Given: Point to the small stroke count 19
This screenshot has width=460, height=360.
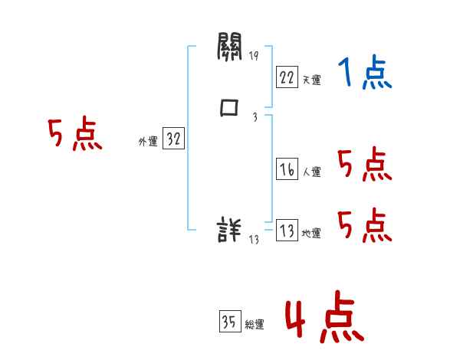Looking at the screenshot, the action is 254,56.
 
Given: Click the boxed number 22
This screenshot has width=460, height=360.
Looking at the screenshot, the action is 287,77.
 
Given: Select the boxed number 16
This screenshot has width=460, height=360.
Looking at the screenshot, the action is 287,170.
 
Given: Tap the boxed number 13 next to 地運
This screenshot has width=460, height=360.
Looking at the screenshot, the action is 287,231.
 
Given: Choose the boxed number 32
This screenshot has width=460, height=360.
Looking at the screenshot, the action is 173,139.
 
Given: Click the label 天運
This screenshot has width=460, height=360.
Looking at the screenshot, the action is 311,80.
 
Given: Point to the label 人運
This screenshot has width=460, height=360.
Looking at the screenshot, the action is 311,172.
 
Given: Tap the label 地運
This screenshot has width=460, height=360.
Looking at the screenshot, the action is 311,234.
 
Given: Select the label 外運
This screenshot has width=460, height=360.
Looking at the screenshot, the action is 147,142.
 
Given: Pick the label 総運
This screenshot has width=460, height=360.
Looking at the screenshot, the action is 255,325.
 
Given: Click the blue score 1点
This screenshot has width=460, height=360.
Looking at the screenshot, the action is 364,74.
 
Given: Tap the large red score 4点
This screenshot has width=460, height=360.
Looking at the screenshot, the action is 324,319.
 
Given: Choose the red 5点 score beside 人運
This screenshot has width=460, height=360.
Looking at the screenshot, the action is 364,165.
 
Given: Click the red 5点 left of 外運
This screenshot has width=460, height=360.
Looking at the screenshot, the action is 74,135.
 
